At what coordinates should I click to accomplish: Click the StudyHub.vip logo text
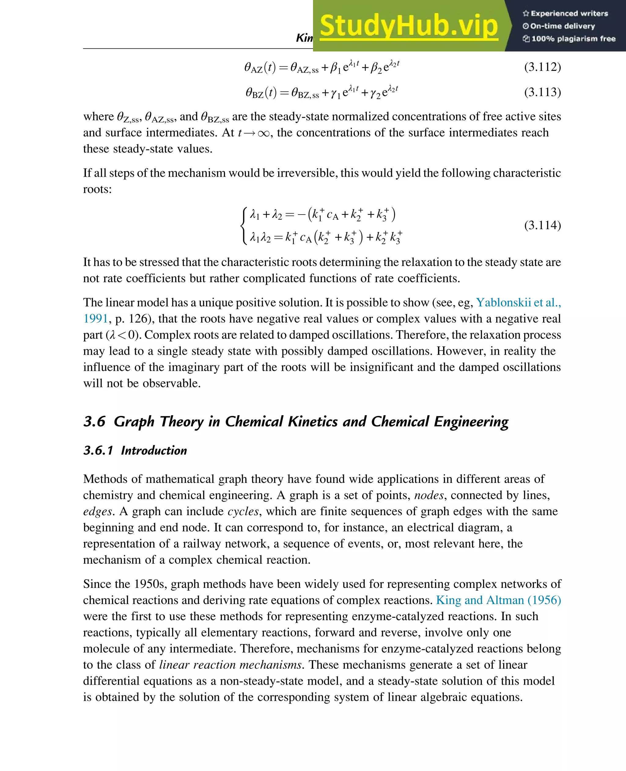(x=409, y=26)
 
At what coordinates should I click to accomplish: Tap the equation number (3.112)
(x=542, y=67)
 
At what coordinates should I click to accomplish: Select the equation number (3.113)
(x=542, y=92)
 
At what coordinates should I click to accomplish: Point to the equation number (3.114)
(x=542, y=226)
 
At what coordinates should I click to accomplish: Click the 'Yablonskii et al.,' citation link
(x=518, y=302)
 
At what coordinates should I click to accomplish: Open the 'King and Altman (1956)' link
(x=498, y=600)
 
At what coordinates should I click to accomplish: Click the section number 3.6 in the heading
(x=94, y=421)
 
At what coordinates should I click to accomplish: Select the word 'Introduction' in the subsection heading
(x=154, y=451)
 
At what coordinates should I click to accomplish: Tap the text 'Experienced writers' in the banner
(x=569, y=13)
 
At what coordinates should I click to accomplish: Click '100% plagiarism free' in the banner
(x=573, y=39)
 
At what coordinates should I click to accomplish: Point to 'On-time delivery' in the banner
(x=562, y=26)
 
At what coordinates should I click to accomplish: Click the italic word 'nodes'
(x=429, y=495)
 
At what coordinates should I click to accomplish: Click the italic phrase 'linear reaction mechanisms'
(x=230, y=665)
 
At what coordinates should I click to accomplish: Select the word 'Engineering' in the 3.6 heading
(x=471, y=421)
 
